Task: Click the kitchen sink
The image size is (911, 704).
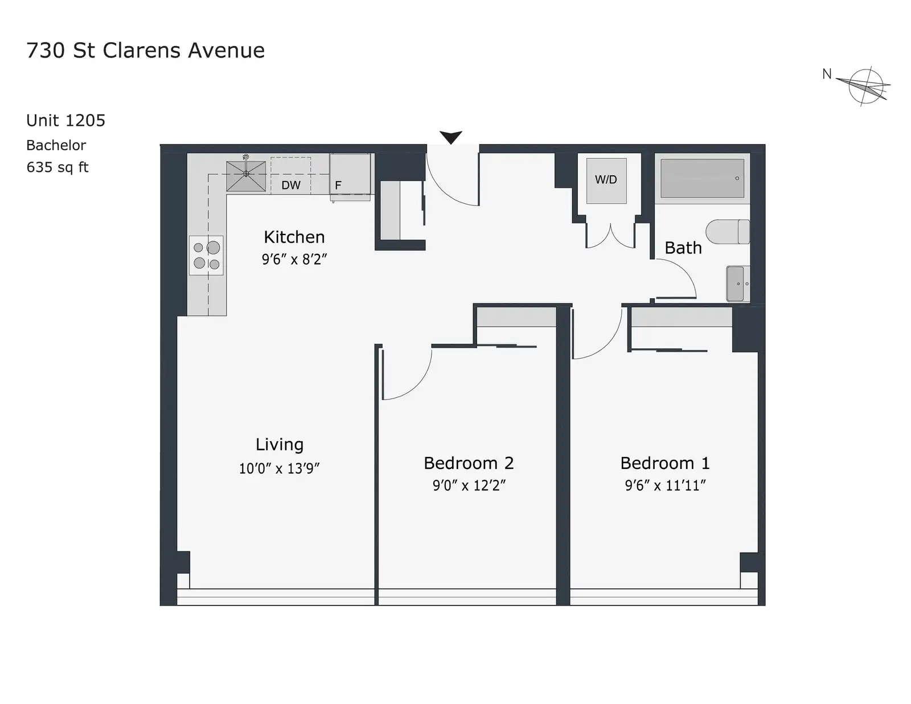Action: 245,176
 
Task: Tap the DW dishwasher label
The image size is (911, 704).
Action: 291,185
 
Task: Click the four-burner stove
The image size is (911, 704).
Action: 206,255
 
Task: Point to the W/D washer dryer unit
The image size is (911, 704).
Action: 606,180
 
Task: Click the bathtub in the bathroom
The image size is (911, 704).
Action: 702,178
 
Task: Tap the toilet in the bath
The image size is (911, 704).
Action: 728,232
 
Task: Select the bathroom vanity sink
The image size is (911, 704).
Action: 738,283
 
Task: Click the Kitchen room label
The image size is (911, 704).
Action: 294,237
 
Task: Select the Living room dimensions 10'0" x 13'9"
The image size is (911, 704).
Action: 279,468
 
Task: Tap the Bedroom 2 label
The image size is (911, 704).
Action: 469,463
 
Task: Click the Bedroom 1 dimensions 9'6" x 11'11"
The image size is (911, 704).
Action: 666,485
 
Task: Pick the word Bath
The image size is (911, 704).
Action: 683,248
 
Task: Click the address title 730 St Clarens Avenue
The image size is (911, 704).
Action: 145,50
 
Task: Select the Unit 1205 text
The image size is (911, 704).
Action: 66,121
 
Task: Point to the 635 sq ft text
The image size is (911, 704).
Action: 58,167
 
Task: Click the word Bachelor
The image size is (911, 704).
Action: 56,145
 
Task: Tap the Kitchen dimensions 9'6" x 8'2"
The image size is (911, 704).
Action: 294,260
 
